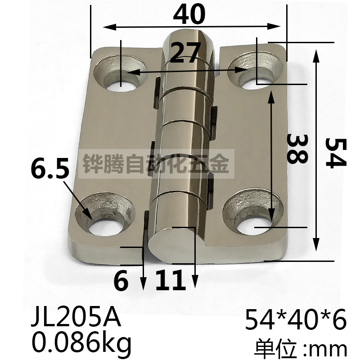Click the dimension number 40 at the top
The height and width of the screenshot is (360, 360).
coord(189,15)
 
